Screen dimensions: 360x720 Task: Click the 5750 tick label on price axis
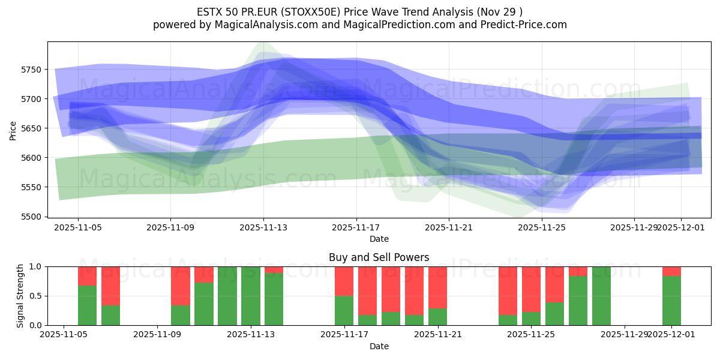coord(31,70)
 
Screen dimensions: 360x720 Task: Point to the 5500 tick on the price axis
coord(31,217)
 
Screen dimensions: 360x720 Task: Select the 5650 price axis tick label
coord(31,128)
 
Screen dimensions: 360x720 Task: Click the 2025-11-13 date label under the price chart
coord(263,228)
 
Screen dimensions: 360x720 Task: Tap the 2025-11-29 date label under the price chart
coord(634,228)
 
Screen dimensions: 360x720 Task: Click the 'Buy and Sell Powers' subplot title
coord(379,257)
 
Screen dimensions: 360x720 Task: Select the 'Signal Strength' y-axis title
coord(20,295)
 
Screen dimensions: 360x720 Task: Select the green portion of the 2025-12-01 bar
coord(671,301)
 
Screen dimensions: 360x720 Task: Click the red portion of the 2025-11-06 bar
coord(110,286)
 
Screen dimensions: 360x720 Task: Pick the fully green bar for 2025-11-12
coord(227,296)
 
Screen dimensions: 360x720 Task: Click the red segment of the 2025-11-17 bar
coord(344,281)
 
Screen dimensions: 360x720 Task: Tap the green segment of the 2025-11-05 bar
coord(87,305)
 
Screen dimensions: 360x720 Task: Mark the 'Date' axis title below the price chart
coord(379,239)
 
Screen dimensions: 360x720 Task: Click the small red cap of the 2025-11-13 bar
coord(274,269)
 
